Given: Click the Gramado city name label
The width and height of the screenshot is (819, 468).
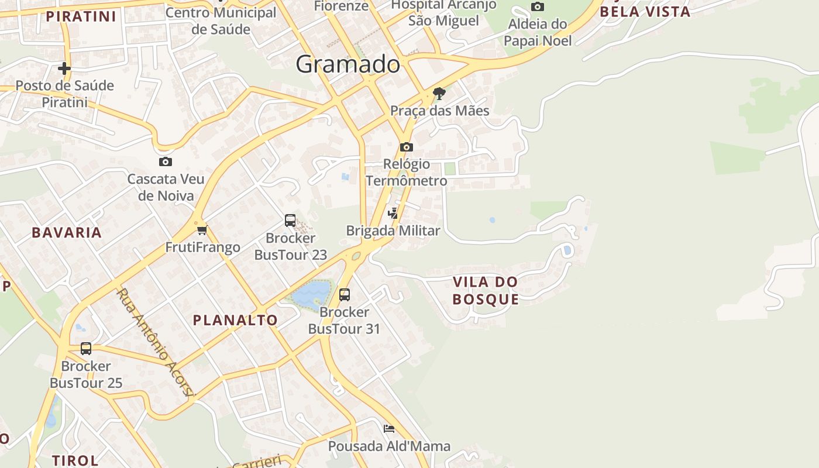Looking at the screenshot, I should point(347,64).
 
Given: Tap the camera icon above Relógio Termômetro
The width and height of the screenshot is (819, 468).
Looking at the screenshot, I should point(407,147).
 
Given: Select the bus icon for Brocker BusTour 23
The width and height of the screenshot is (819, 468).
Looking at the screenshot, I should point(290,221).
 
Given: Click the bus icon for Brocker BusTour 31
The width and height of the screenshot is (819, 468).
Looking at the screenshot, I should point(345,294).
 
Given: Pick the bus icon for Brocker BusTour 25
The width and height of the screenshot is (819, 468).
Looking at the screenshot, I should point(86,349).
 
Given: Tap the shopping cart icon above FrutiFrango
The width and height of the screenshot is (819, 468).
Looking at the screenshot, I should point(202,230).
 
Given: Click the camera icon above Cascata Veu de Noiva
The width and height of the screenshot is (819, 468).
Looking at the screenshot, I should point(166,161).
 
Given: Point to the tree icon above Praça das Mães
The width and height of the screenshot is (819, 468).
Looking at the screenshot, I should point(439,93).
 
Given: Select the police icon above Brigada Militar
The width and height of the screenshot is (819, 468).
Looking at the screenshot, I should point(393,214).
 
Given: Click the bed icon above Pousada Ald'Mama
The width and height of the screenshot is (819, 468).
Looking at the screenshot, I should point(389,429).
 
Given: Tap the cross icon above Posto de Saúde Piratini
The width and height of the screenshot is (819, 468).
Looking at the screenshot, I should point(64,68).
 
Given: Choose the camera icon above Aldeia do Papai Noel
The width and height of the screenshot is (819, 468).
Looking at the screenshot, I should point(537,7).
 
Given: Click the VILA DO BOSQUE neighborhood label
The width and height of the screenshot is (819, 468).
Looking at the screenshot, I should point(486,291).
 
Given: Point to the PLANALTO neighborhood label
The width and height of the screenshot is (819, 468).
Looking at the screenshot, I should point(235,320).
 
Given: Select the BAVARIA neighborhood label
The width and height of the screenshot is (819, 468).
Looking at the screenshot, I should point(67,232).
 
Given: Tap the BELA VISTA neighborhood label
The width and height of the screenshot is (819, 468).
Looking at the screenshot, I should point(645,12).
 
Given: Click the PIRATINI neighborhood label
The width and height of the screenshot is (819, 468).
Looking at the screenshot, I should point(81,16).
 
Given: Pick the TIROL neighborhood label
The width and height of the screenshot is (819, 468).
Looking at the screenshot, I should point(75,460).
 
